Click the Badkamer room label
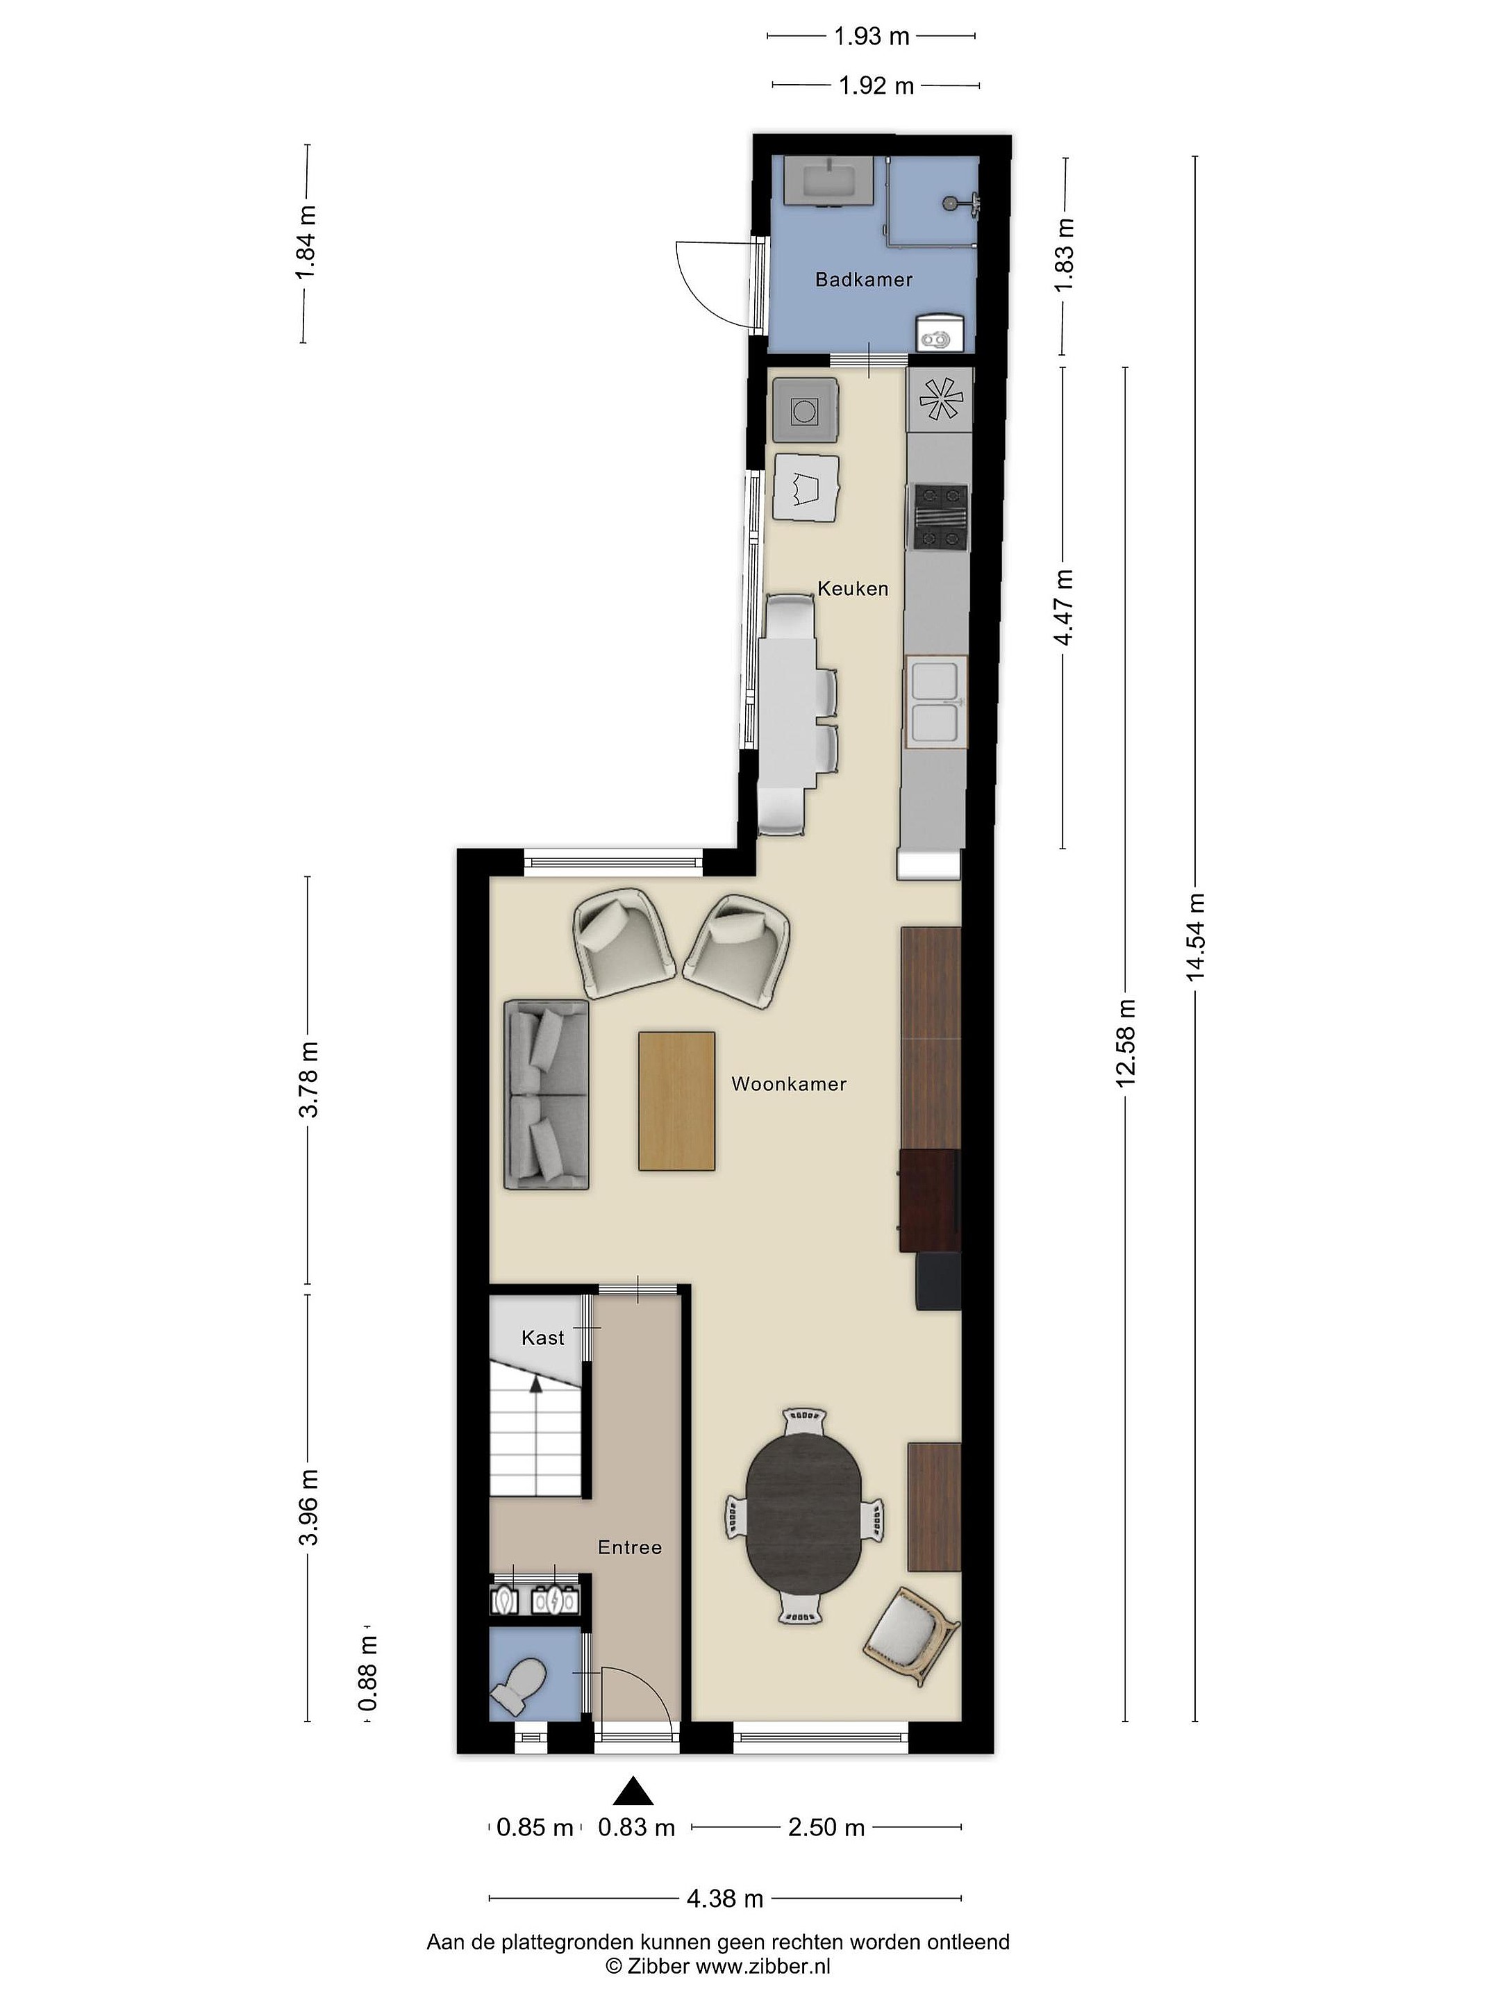point(863,279)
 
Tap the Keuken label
point(853,589)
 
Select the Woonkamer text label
point(788,1084)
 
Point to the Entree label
point(629,1548)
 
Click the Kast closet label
point(542,1338)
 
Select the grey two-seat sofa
point(546,1095)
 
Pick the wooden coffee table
point(676,1101)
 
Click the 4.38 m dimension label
point(725,1899)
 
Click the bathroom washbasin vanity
point(828,180)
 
